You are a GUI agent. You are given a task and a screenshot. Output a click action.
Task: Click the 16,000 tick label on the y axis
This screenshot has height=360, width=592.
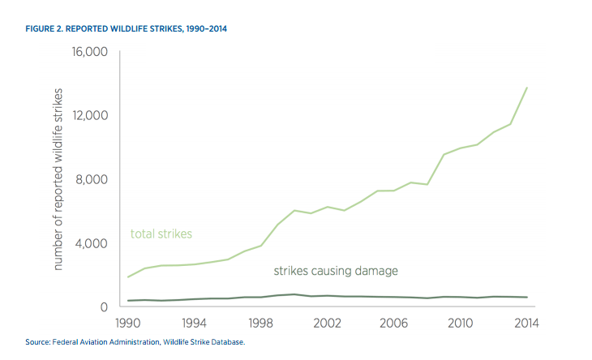coord(87,52)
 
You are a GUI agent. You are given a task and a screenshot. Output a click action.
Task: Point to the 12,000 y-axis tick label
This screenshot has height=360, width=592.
coord(87,115)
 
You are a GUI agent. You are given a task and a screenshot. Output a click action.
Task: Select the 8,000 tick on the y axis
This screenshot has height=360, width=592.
coord(90,179)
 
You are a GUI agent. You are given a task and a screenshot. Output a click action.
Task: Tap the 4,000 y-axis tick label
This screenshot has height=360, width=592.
coord(90,243)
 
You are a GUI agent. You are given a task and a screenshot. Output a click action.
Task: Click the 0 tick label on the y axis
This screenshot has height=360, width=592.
coord(103,306)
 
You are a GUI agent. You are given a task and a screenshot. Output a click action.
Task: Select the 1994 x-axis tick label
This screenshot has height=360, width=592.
coord(195,323)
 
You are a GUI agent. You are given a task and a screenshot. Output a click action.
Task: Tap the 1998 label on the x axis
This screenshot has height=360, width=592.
coord(262,323)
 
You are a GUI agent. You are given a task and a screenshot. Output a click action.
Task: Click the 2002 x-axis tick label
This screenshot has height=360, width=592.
coord(328,323)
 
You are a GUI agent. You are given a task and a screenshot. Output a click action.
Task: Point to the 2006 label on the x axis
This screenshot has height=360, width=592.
coord(394,323)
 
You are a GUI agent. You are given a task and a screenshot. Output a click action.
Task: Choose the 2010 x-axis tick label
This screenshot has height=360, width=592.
coord(461,323)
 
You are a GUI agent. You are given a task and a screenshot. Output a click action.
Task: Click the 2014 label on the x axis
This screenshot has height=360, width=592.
coord(527,323)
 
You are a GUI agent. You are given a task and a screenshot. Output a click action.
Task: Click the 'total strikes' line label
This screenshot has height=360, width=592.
coord(161,234)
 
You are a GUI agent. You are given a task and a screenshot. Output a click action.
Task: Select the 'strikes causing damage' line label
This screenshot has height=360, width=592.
coord(336,270)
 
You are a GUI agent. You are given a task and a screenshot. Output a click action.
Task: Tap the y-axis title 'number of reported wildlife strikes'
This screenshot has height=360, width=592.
coord(58,180)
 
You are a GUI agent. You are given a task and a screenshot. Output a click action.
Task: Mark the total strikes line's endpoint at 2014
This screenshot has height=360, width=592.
coord(527,88)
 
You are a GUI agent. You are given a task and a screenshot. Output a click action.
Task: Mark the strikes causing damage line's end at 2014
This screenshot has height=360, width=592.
coord(527,298)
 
